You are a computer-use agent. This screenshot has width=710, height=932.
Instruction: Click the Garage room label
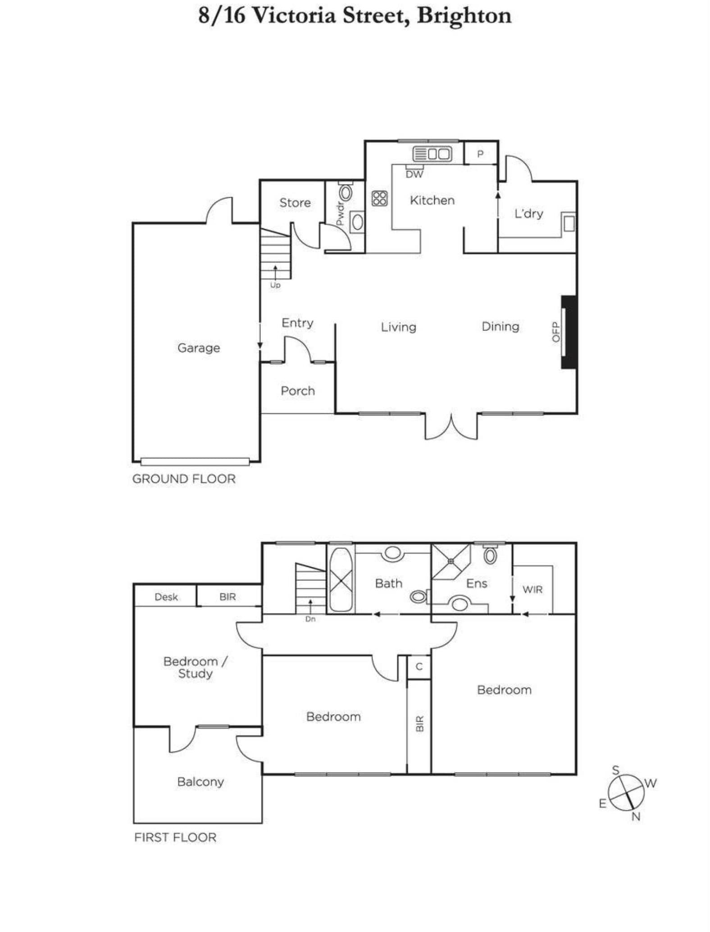point(199,348)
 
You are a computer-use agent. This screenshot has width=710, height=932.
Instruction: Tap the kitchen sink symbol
point(432,154)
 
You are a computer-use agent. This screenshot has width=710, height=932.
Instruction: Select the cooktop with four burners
point(379,198)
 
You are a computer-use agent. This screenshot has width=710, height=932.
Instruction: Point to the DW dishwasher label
point(414,174)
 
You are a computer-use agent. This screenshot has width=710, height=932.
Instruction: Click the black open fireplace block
point(569,332)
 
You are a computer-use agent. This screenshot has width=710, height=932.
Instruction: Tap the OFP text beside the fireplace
point(555,332)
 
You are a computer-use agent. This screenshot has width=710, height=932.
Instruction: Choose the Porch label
point(298,391)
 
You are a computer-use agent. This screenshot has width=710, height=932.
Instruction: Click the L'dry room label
point(528,213)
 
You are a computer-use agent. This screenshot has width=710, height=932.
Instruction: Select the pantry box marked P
point(481,153)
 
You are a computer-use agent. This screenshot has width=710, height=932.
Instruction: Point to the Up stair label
point(275,285)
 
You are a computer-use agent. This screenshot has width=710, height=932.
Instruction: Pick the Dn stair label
point(310,619)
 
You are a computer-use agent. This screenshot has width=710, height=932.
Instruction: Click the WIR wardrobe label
point(532,589)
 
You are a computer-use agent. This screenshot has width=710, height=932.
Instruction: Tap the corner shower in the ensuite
point(451,561)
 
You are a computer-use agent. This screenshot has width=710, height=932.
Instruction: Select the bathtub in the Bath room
point(341,579)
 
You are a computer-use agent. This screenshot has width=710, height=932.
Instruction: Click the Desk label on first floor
point(166,597)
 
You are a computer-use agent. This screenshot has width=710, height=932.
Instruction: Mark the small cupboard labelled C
point(419,667)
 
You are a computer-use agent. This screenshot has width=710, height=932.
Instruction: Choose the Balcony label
point(200,782)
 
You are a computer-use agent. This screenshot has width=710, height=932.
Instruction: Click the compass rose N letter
point(636,816)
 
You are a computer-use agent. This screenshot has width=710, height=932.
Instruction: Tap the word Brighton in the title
point(464,16)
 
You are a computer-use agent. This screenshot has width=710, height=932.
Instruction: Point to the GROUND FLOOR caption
point(184,479)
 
